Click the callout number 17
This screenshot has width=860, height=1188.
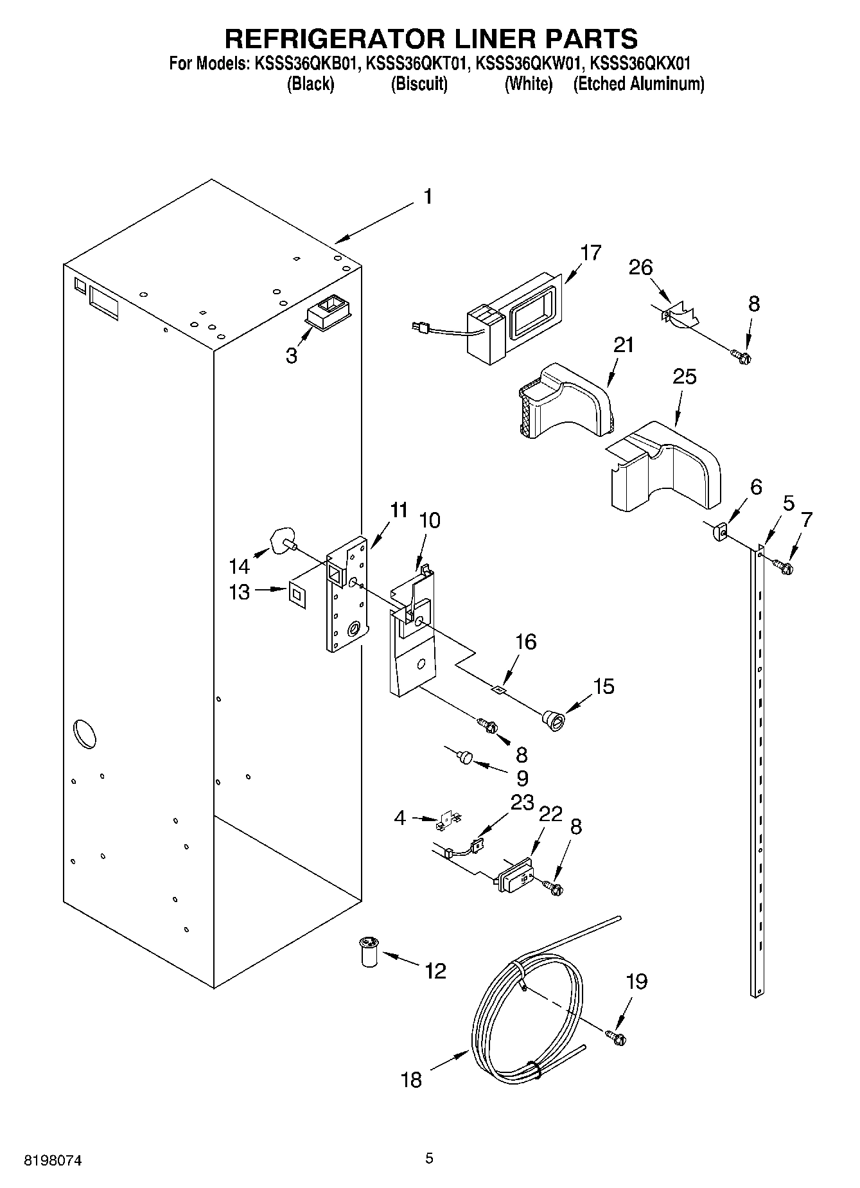[x=590, y=253]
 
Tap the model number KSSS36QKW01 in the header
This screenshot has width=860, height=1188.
[x=529, y=64]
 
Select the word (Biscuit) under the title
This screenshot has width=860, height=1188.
[x=419, y=84]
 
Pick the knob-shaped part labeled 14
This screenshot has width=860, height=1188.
[x=282, y=539]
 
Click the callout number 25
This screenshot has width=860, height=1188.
[x=684, y=377]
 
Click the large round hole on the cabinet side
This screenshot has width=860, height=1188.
[x=85, y=735]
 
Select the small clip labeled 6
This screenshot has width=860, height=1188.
[x=719, y=532]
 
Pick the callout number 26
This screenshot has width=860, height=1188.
[x=640, y=267]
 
